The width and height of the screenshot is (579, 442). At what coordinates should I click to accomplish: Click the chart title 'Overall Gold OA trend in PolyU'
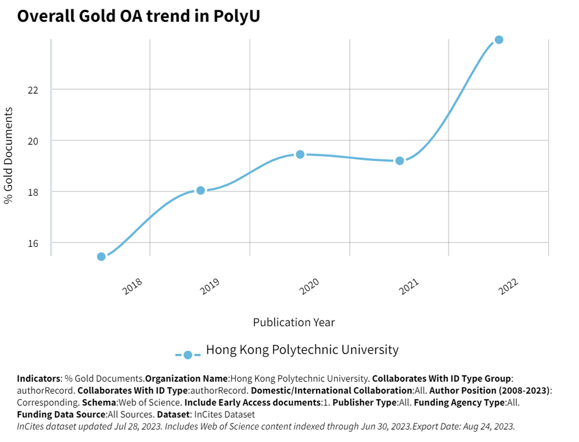click(139, 16)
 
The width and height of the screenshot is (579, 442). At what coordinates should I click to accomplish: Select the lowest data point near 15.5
click(101, 257)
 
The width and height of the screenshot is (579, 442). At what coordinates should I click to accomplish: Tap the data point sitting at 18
click(201, 190)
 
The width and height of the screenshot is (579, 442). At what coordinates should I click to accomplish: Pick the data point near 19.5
click(300, 155)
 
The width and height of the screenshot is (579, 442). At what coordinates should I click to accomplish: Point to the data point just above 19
click(400, 161)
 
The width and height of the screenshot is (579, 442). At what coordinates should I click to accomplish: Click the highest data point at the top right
click(499, 40)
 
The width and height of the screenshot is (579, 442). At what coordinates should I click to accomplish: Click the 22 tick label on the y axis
click(33, 89)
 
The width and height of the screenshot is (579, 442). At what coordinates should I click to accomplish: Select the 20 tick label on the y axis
click(33, 140)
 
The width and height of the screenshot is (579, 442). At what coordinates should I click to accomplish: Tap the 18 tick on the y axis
click(33, 192)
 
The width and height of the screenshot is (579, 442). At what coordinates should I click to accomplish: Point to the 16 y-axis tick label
click(33, 243)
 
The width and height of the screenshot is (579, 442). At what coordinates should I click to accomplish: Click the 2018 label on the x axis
click(133, 286)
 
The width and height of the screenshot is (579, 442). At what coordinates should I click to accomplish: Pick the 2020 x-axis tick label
click(309, 286)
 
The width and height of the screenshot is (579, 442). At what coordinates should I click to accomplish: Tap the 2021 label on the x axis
click(409, 286)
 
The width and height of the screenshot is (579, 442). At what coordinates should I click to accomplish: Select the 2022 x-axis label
click(509, 286)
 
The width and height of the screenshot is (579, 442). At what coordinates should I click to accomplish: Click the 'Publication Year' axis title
click(294, 322)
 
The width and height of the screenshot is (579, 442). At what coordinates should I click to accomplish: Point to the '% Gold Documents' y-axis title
click(9, 155)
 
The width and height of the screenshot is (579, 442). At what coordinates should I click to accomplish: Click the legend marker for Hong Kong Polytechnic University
click(188, 355)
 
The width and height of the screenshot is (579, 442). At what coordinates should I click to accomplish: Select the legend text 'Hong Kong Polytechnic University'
click(302, 350)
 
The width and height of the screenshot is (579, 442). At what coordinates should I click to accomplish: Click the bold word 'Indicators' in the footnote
click(38, 378)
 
